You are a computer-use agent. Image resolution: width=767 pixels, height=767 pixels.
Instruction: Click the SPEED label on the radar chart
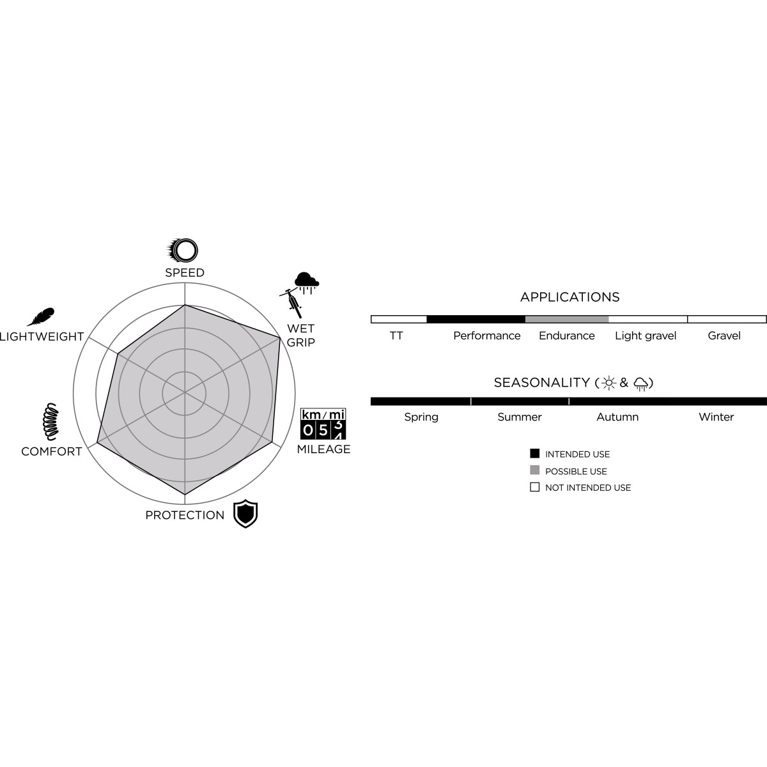click(185, 273)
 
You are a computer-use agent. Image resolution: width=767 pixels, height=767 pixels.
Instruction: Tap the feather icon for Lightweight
click(41, 317)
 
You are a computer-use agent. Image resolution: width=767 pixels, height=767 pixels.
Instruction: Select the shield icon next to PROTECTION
click(245, 513)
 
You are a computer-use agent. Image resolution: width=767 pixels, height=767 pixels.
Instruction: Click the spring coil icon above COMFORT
click(51, 421)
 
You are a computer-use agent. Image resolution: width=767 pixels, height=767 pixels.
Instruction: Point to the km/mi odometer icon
click(323, 424)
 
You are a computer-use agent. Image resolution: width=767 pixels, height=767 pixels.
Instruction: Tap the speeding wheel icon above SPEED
click(182, 251)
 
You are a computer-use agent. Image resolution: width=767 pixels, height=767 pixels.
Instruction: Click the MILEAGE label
click(323, 449)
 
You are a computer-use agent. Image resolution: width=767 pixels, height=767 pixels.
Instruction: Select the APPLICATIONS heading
click(569, 297)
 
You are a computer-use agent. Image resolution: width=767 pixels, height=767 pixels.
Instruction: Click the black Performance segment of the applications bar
click(476, 319)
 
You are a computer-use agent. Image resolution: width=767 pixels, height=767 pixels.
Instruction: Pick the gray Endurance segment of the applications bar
click(567, 319)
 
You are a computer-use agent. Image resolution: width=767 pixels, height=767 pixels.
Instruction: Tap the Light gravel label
click(646, 336)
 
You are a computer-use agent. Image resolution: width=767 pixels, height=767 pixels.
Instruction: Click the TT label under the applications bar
click(396, 336)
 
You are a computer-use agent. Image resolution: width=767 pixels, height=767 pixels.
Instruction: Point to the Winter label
click(716, 417)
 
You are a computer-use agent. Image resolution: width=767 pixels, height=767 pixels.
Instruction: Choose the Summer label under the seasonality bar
click(520, 417)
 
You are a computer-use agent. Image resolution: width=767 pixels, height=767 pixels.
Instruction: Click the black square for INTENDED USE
click(534, 453)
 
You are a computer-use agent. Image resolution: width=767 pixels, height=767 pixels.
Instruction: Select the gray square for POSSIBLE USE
click(534, 470)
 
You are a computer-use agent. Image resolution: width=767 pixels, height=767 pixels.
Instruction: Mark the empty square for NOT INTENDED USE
click(534, 487)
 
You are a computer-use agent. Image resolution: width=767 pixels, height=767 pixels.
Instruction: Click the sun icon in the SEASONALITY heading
click(608, 383)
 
